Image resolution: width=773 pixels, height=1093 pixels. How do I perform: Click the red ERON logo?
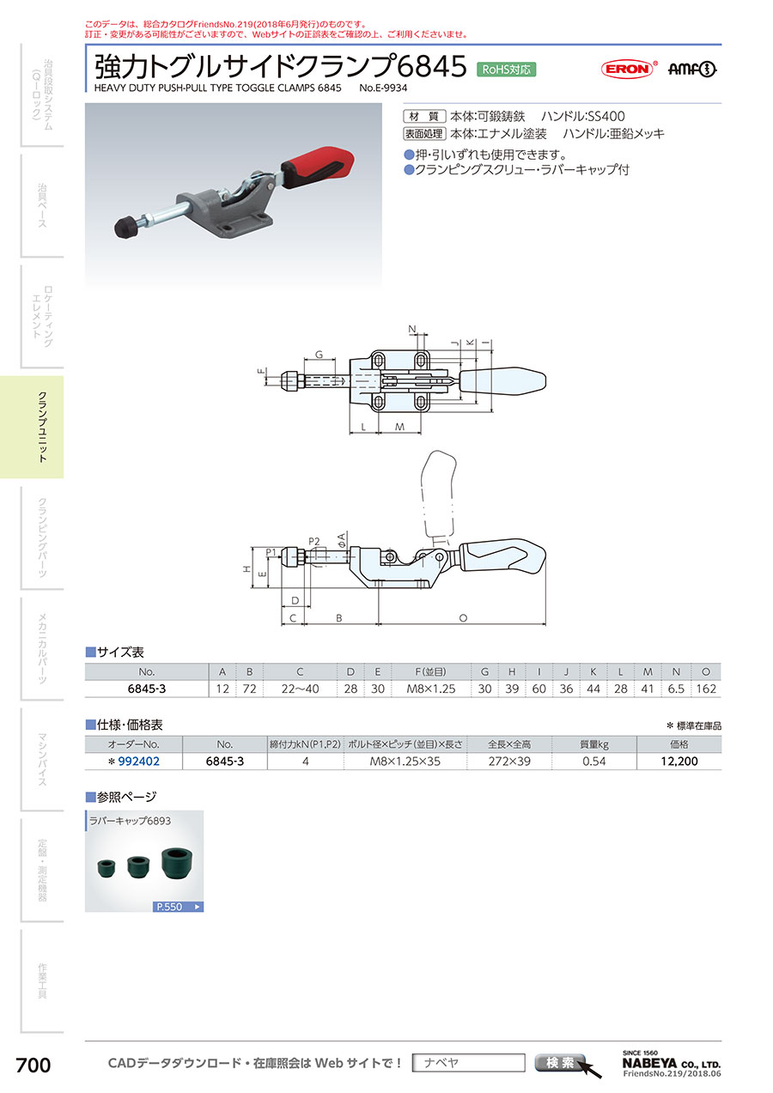point(627,69)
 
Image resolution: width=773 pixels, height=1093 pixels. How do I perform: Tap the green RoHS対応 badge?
point(506,70)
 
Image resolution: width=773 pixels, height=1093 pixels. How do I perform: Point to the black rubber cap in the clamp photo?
point(125,227)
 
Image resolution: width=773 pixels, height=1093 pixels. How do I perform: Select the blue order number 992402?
point(138,762)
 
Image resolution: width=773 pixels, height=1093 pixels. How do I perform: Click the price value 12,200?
point(679,762)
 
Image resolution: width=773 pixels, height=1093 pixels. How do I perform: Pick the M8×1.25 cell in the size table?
point(431,689)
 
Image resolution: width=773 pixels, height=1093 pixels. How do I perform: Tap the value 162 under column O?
point(706,689)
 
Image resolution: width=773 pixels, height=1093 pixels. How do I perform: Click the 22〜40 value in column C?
point(300,689)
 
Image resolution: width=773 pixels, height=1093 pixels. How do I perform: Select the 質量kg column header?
point(593,744)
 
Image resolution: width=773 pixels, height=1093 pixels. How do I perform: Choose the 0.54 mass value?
point(593,762)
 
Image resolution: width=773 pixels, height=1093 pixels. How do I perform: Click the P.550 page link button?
point(178,907)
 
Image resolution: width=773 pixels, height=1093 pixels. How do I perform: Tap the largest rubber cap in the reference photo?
point(177,862)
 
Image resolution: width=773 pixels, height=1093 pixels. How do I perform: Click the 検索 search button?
point(559,1062)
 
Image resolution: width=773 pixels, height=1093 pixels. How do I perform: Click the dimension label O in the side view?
point(463,618)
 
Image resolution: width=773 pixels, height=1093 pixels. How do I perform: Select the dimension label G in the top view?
point(320,355)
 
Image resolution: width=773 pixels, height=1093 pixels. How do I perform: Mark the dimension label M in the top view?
point(399,427)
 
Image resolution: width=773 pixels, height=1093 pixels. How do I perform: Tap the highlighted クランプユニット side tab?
point(32,427)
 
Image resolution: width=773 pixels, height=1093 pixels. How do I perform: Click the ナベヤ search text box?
point(468,1063)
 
